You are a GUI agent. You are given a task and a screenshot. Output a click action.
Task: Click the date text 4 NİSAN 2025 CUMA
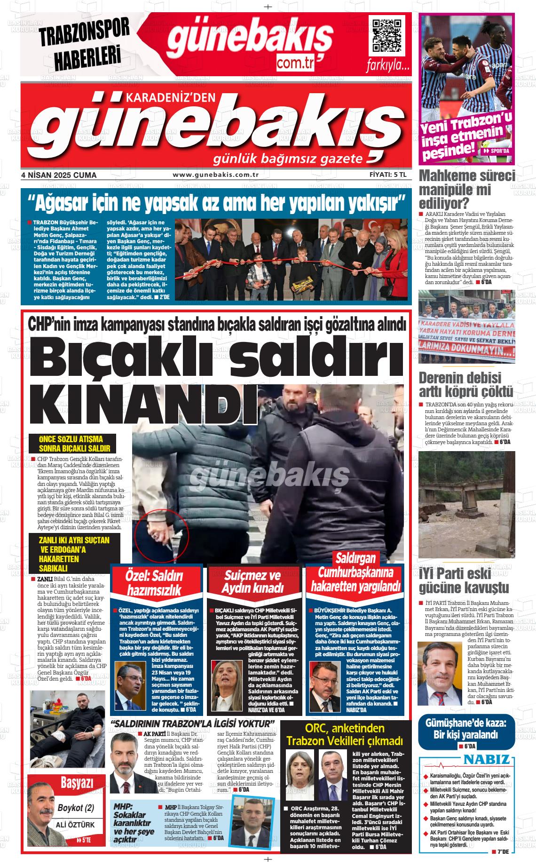59,175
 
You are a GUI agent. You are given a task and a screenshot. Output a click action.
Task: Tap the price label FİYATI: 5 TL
391,175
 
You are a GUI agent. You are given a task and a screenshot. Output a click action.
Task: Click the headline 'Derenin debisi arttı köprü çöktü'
465,384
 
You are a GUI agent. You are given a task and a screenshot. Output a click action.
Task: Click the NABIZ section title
486,760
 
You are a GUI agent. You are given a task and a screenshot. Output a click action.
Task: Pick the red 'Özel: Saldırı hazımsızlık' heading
154,583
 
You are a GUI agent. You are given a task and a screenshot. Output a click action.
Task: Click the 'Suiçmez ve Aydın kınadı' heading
252,582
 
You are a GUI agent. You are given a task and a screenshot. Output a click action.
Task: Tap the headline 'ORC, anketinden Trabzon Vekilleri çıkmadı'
345,735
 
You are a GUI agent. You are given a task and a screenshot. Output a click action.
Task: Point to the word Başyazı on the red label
77,783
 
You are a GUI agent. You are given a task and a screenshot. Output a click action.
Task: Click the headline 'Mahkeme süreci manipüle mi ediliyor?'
466,190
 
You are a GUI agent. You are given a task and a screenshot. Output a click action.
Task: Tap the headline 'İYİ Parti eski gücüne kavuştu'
464,580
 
